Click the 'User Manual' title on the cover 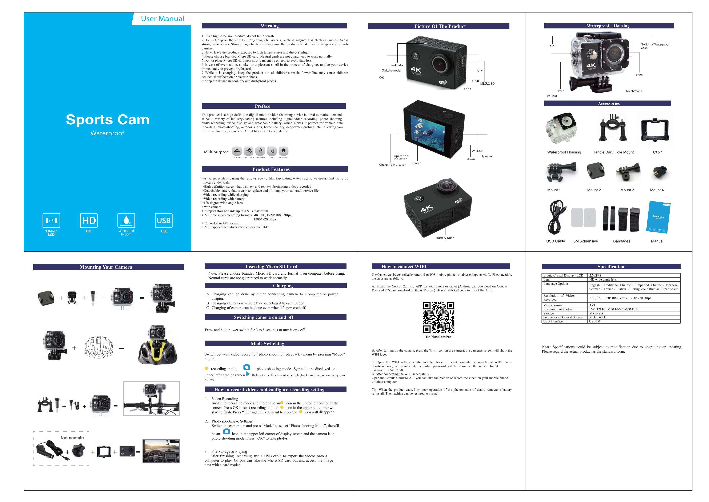click(163, 19)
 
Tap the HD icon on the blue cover click(89, 220)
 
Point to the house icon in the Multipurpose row click(283, 151)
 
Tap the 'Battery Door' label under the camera click(445, 238)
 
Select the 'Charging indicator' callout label click(392, 165)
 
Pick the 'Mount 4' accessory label click(657, 190)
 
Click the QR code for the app click(438, 317)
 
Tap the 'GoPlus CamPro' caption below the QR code click(438, 337)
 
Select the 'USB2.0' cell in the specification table click(594, 321)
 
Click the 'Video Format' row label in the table click(553, 305)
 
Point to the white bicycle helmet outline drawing click(99, 348)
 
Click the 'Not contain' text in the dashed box click(72, 438)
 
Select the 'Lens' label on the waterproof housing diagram click(639, 75)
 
